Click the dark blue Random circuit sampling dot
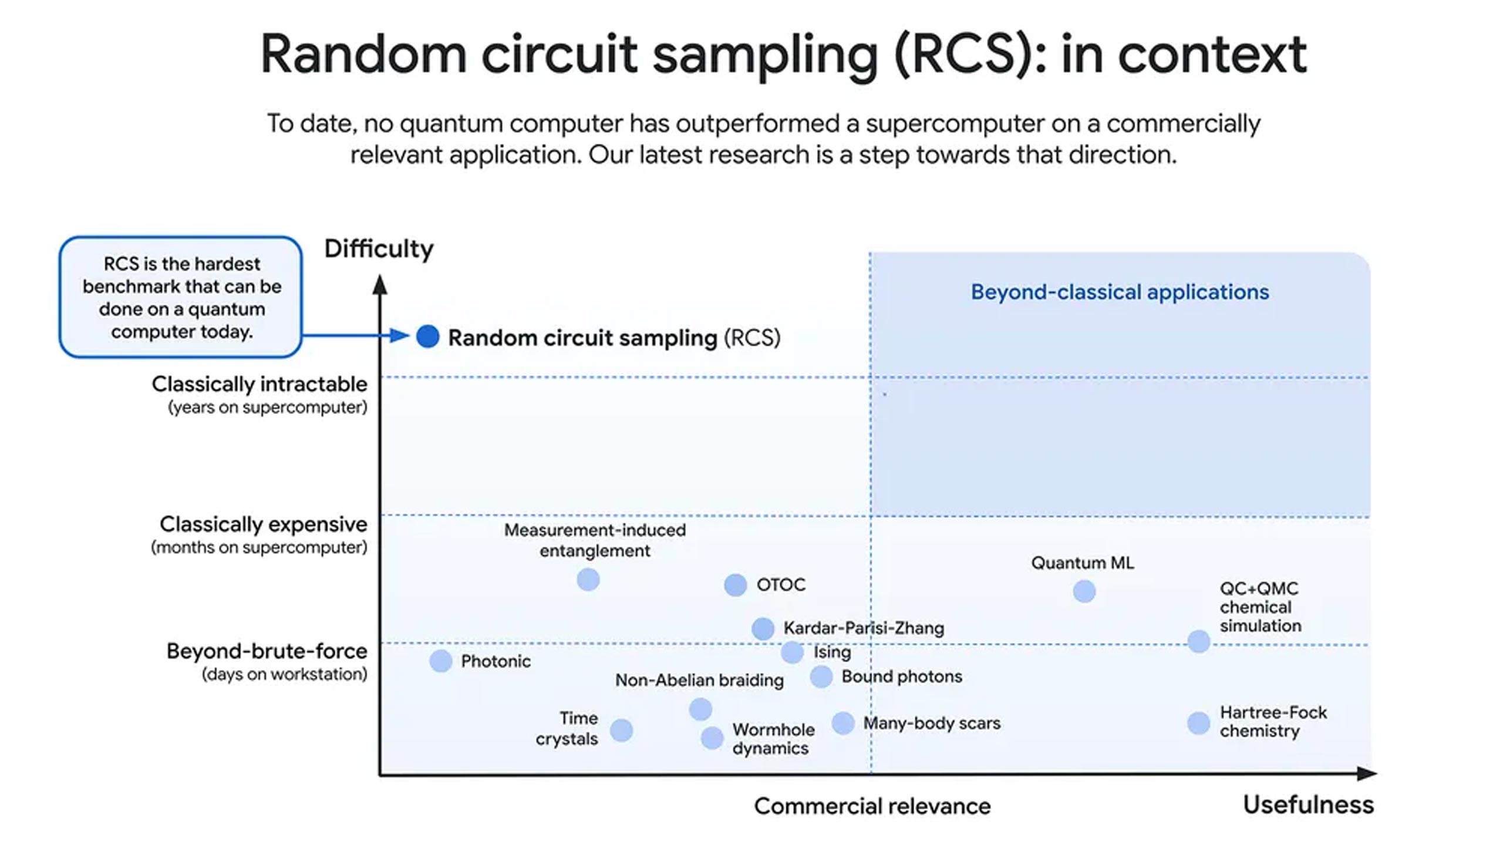pos(427,336)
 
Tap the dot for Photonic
pos(440,661)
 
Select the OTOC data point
pos(735,585)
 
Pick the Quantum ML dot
pos(1084,591)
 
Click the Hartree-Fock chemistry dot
pos(1198,723)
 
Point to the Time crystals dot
pos(621,730)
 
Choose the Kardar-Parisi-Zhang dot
pos(763,628)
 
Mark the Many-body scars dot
pos(843,723)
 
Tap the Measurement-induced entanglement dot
pos(588,580)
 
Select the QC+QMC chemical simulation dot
pos(1198,641)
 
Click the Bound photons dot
pos(821,676)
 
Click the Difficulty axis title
pos(379,248)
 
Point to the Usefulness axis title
pos(1308,804)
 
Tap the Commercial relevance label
pos(872,806)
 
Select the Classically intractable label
pos(260,384)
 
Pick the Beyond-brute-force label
pos(267,651)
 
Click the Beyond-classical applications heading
pos(1120,292)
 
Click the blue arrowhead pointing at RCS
pos(399,336)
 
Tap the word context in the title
pos(1212,54)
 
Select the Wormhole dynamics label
pos(773,739)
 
